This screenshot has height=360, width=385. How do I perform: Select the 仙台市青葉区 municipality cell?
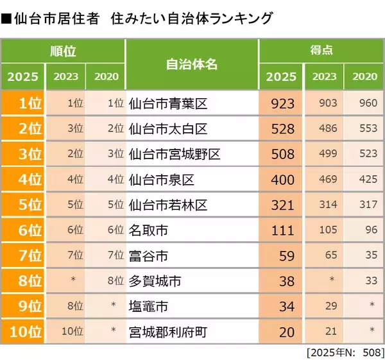click(x=167, y=103)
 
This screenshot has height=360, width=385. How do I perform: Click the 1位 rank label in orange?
click(x=23, y=103)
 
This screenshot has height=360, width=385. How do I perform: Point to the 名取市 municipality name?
click(x=148, y=230)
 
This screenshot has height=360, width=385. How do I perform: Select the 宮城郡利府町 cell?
click(x=167, y=332)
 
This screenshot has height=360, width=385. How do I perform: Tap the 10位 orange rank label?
click(x=23, y=332)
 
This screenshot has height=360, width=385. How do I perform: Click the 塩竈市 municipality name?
click(x=148, y=306)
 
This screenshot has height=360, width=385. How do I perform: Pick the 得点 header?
click(x=321, y=49)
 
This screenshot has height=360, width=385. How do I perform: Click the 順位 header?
click(x=63, y=49)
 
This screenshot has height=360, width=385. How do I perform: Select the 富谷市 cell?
click(x=148, y=255)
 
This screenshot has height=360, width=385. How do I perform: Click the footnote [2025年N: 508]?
click(x=345, y=352)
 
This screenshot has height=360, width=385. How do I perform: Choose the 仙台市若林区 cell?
click(x=167, y=205)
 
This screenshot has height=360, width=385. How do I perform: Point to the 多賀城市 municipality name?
click(x=155, y=281)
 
